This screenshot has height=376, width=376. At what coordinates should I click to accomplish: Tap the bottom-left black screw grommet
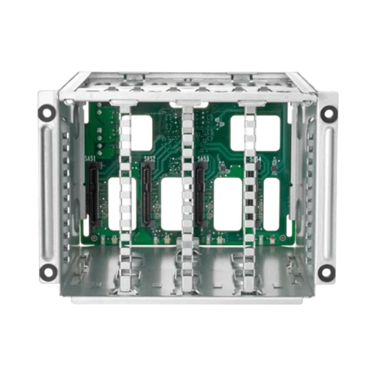(x=48, y=271)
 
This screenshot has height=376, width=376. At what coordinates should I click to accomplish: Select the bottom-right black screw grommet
(x=326, y=271)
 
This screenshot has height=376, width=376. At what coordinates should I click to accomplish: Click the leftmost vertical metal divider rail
(x=125, y=188)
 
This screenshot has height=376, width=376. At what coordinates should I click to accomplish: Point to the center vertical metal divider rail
(x=187, y=188)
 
